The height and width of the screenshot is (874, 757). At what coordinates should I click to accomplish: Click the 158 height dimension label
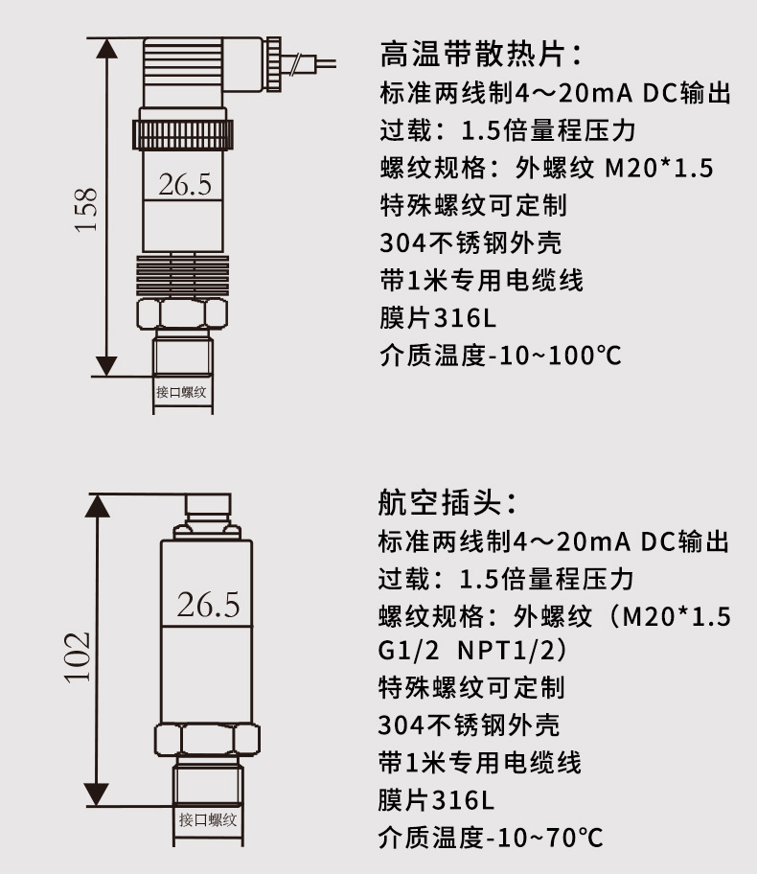click(x=86, y=209)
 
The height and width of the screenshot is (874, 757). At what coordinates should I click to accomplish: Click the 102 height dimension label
click(x=78, y=656)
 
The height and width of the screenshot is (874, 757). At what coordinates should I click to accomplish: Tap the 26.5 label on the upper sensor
click(x=185, y=185)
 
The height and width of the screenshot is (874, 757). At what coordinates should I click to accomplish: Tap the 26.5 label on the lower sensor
click(x=208, y=605)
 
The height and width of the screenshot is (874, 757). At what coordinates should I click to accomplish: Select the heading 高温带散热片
click(x=480, y=55)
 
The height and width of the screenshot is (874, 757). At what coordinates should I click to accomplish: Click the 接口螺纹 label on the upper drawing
click(x=181, y=392)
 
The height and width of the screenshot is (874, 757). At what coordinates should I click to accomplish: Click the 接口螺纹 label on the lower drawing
click(x=208, y=819)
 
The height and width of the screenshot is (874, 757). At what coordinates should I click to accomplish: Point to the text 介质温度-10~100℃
click(x=500, y=356)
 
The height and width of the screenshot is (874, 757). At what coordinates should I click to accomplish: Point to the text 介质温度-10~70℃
click(x=491, y=838)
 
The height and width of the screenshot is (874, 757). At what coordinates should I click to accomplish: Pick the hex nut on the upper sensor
click(x=182, y=313)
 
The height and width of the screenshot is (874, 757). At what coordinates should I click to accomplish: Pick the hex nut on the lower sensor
click(x=207, y=740)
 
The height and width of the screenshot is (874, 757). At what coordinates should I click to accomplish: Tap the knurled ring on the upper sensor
click(x=183, y=135)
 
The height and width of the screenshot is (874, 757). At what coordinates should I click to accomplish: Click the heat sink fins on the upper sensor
click(x=183, y=275)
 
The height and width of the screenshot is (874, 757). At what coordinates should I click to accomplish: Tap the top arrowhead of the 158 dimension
click(x=107, y=49)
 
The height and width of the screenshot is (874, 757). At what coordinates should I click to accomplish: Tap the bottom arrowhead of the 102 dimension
click(x=98, y=793)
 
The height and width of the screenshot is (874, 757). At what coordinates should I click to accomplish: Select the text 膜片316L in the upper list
click(x=438, y=318)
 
